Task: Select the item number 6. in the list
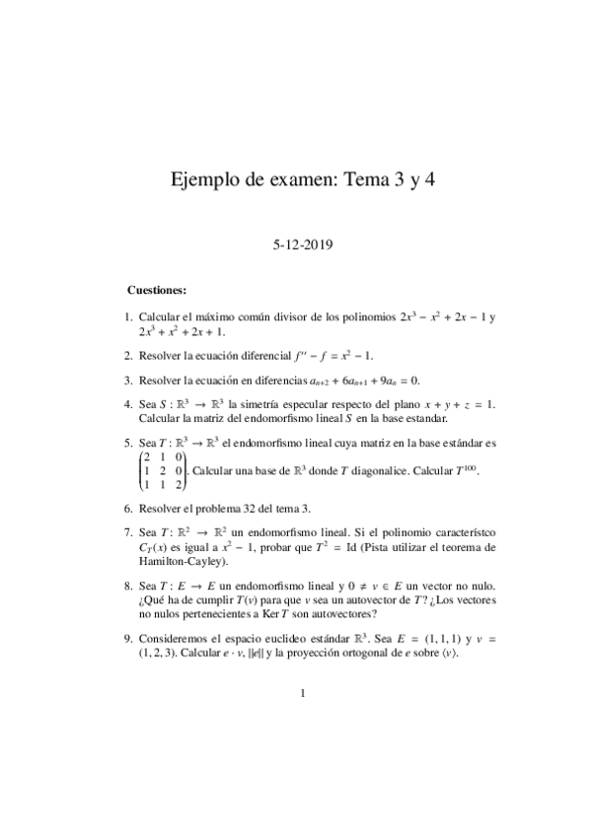(x=129, y=507)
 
